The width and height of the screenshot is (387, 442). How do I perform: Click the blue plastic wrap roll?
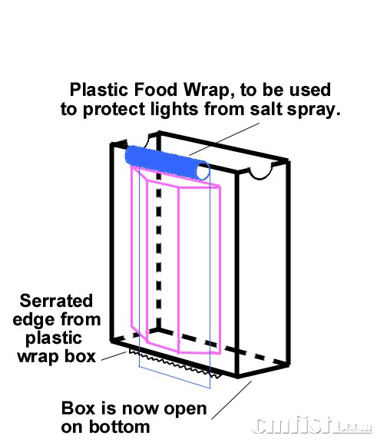click(167, 161)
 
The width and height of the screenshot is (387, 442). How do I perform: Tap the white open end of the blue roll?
click(203, 172)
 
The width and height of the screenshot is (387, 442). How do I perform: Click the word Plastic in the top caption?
click(99, 91)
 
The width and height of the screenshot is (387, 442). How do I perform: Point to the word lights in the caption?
click(174, 109)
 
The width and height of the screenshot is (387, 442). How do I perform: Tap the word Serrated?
click(56, 301)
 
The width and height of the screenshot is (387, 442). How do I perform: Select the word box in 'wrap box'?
click(80, 357)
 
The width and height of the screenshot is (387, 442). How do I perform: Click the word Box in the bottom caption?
click(78, 408)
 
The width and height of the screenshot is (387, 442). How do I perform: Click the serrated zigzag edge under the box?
click(174, 364)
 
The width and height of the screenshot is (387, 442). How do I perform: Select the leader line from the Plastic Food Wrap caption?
click(224, 139)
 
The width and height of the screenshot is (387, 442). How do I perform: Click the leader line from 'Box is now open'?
click(232, 401)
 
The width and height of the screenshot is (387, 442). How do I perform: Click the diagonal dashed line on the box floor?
click(223, 346)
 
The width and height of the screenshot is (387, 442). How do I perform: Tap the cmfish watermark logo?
click(311, 425)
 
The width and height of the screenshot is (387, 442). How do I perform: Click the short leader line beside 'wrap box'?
click(114, 356)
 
